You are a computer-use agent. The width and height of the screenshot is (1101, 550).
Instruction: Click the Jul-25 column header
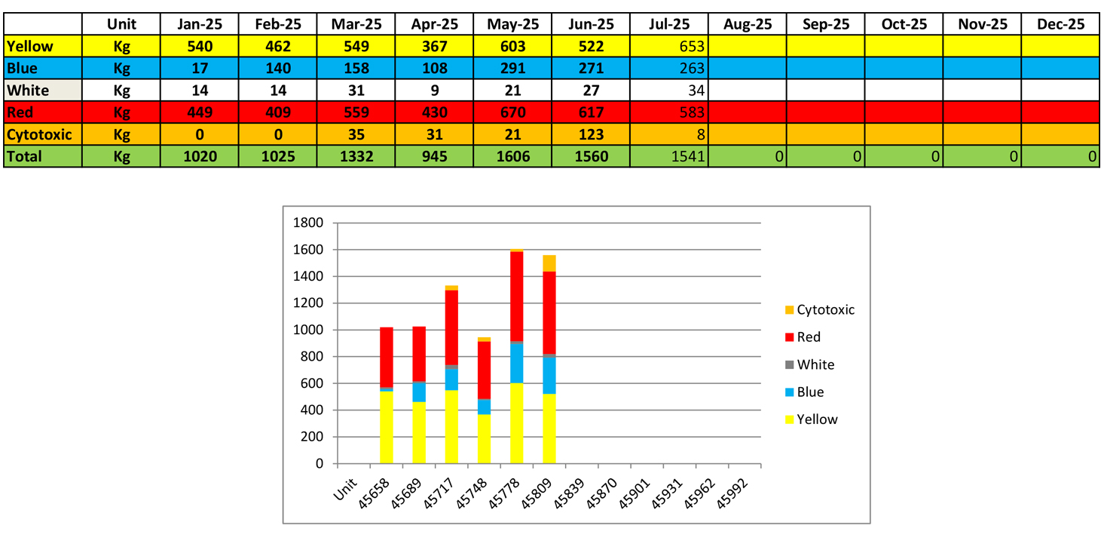[x=669, y=24]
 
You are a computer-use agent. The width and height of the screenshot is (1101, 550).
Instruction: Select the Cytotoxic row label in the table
[x=39, y=135]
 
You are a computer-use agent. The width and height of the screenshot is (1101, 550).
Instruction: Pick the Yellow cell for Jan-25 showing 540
[x=200, y=47]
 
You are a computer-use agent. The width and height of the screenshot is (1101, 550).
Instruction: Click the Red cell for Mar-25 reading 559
[x=356, y=113]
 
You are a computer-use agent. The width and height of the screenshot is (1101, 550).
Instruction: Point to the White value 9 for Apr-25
[x=434, y=91]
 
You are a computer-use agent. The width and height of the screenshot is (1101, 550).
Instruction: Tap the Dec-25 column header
[x=1060, y=24]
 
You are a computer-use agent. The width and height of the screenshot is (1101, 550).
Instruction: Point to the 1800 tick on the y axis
[x=310, y=223]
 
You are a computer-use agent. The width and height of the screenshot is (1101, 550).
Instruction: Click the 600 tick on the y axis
[x=313, y=383]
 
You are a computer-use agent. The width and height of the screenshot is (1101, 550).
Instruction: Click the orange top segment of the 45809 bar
[x=549, y=263]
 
